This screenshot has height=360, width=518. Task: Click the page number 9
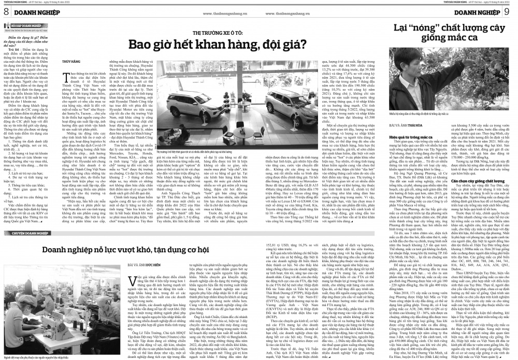(x=512, y=11)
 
